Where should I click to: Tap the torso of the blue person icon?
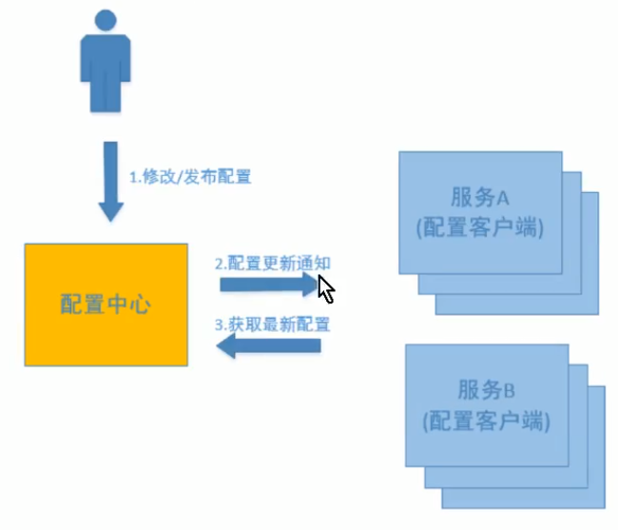coord(102,62)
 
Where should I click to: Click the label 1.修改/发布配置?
coord(190,176)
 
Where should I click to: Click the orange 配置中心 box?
coord(106,304)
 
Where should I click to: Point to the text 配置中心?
coord(106,304)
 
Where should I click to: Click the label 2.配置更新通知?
coord(273,264)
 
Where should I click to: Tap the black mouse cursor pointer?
coord(325,287)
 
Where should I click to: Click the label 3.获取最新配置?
coord(273,324)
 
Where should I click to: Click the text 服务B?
coord(486,390)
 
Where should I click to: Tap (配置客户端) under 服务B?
coord(486,420)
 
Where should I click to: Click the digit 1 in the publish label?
coord(133,177)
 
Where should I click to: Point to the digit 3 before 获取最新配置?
coord(219,325)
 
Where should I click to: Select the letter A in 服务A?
coord(504,198)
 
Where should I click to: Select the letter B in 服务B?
coord(509,390)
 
